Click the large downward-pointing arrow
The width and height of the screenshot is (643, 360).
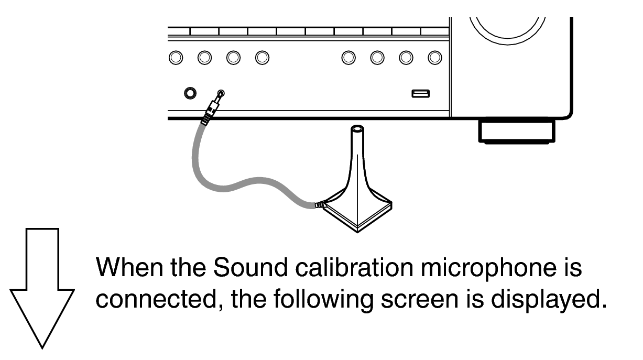point(42,288)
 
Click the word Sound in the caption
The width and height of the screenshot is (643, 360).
point(250,267)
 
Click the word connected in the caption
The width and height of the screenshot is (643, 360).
point(159,300)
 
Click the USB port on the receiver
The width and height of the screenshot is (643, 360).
point(420,94)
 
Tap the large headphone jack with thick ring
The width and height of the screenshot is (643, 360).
point(190,93)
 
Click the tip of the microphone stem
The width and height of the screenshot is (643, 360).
point(357,128)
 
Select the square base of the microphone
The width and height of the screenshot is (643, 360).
point(357,214)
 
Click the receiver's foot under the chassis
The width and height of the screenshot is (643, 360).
point(517,132)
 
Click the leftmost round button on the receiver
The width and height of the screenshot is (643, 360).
point(176,58)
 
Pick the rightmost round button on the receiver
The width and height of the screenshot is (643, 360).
point(435,58)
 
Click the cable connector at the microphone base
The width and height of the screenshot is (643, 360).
point(320,205)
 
